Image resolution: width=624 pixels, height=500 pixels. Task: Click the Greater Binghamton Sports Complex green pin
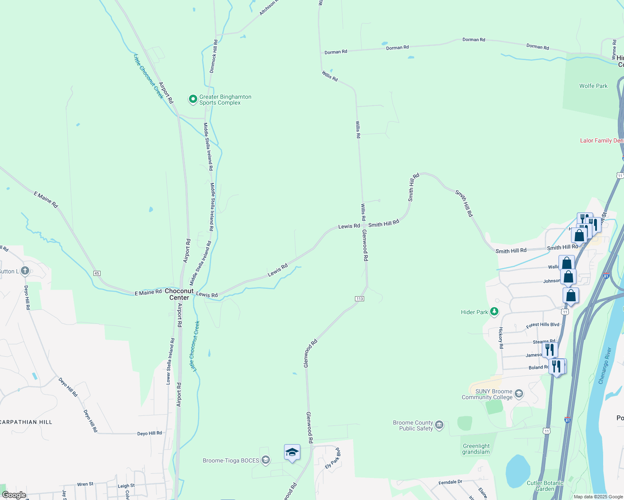pyautogui.click(x=193, y=99)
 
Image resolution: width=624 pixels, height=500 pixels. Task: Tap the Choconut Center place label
pyautogui.click(x=179, y=294)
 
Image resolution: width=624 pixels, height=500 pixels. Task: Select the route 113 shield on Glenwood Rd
pyautogui.click(x=360, y=299)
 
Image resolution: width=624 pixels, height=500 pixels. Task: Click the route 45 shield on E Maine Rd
pyautogui.click(x=97, y=273)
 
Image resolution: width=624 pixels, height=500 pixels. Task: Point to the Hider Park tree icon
pyautogui.click(x=494, y=312)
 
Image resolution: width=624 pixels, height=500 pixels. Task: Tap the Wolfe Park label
pyautogui.click(x=593, y=86)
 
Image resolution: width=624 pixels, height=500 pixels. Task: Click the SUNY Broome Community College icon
pyautogui.click(x=519, y=394)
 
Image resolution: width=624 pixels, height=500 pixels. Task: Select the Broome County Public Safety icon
pyautogui.click(x=439, y=425)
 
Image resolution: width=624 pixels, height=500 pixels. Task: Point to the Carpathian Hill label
pyautogui.click(x=26, y=422)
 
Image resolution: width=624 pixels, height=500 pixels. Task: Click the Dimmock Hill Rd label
pyautogui.click(x=213, y=56)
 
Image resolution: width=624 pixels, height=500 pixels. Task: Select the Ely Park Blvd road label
pyautogui.click(x=332, y=458)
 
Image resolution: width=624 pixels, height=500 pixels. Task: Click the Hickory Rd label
pyautogui.click(x=501, y=337)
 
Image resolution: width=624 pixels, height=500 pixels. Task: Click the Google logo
pyautogui.click(x=14, y=495)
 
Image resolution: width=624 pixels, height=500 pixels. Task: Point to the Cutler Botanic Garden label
pyautogui.click(x=545, y=486)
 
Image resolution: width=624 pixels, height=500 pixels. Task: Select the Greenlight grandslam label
pyautogui.click(x=476, y=449)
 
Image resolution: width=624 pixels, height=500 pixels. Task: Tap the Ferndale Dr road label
pyautogui.click(x=450, y=482)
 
